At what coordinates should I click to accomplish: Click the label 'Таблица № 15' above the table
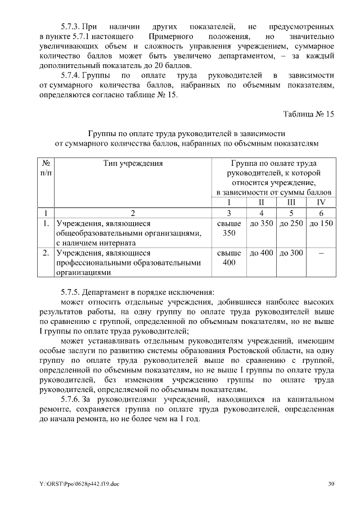click(308, 114)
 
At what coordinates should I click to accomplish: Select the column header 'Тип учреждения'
click(133, 164)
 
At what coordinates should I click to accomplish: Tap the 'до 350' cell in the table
click(261, 223)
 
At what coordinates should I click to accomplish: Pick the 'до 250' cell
click(291, 223)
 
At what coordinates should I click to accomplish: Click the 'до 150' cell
click(321, 223)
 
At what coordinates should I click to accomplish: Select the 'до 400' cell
click(261, 253)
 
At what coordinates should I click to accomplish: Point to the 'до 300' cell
click(291, 253)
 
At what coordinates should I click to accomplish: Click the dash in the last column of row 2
click(321, 254)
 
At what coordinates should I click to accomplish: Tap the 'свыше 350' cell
click(229, 228)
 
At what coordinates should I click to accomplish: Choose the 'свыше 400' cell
click(229, 258)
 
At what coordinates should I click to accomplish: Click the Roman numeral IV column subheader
click(321, 202)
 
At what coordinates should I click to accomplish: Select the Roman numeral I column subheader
click(229, 202)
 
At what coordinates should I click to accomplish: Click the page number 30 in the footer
click(331, 483)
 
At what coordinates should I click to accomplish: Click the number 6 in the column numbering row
click(321, 213)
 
